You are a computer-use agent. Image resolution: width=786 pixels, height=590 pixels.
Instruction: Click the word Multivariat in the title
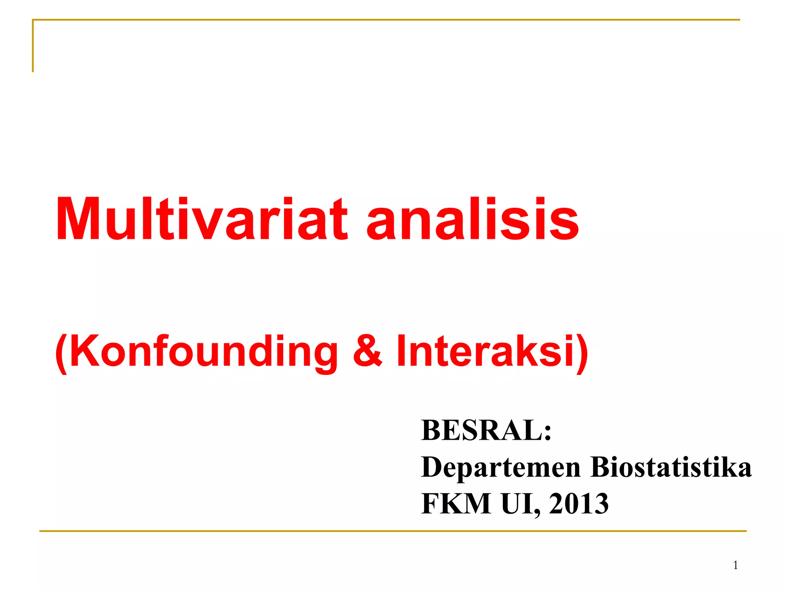(x=201, y=220)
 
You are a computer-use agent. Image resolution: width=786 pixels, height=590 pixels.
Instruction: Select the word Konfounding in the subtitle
(x=203, y=351)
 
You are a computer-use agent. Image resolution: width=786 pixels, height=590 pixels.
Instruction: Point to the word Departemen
(x=501, y=467)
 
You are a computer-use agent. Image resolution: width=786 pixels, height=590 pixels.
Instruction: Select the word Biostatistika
(x=671, y=467)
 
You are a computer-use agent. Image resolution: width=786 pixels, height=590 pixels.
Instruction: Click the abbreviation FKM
(x=456, y=504)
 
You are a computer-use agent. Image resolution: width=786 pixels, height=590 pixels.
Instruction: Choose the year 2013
(x=579, y=504)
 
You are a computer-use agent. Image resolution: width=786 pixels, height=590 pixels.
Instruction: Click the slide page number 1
(x=735, y=565)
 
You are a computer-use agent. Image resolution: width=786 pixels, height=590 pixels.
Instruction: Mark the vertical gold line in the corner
(x=33, y=46)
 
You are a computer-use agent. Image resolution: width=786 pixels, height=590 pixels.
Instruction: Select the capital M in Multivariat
(x=79, y=220)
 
